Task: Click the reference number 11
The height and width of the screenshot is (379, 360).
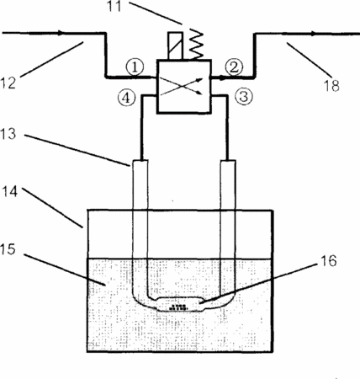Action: (114, 6)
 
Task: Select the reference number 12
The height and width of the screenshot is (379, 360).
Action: (8, 83)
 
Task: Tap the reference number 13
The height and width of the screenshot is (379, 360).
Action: (8, 134)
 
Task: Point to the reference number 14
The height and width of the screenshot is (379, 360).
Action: (10, 192)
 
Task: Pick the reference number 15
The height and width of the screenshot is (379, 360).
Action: (8, 249)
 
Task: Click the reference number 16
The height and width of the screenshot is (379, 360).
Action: (328, 260)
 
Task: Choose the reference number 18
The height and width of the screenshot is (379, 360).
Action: (331, 85)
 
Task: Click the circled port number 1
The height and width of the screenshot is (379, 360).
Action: (135, 67)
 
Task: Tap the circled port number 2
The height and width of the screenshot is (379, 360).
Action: (235, 67)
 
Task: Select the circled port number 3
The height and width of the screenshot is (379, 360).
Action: (244, 97)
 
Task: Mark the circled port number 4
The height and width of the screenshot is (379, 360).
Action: (126, 98)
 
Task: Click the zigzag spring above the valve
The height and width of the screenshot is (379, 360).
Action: (197, 44)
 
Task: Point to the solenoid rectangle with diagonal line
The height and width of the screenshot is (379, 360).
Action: (175, 45)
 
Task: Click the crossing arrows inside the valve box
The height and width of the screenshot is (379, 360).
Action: (182, 87)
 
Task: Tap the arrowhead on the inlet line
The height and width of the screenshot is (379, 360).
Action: (61, 33)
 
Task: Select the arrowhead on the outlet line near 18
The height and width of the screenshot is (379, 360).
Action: (313, 34)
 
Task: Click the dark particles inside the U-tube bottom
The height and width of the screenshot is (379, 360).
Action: (178, 307)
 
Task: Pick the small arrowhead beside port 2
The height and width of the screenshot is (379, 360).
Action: (222, 78)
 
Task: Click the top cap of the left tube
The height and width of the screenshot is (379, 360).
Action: (140, 162)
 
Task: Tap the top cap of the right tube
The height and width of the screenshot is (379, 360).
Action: (228, 162)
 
